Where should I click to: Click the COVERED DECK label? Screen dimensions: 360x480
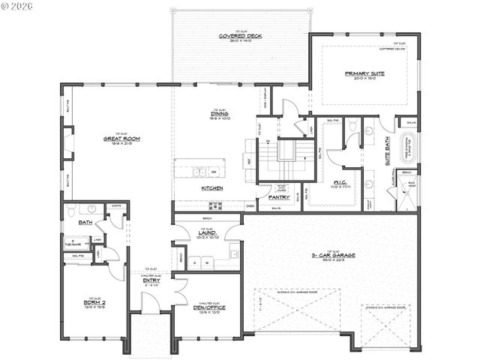tap(239, 36)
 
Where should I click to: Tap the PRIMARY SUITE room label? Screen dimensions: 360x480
tap(364, 73)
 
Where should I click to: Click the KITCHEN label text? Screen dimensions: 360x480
tap(211, 188)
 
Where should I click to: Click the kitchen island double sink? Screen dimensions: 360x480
tap(199, 172)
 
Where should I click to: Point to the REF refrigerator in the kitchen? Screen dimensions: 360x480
tap(249, 160)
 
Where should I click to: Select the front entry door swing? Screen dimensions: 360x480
tap(149, 304)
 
